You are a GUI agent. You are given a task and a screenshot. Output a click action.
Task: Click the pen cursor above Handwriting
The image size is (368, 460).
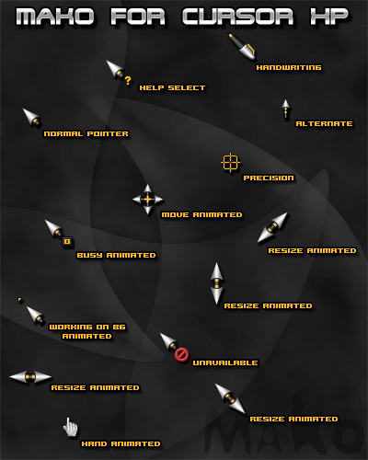click(x=242, y=46)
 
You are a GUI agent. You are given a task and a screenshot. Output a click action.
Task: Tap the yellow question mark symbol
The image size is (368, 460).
click(x=128, y=81)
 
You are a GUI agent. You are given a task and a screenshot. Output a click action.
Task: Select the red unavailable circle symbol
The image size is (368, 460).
click(x=181, y=355)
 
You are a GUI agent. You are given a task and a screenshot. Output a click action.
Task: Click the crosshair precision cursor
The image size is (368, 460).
click(x=230, y=163)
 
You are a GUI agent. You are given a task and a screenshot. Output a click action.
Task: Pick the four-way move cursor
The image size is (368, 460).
click(x=147, y=200)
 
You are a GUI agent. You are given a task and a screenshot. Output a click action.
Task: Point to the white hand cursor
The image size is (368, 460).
click(x=71, y=427)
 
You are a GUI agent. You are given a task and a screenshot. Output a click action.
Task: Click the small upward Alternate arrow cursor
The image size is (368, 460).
click(x=286, y=109)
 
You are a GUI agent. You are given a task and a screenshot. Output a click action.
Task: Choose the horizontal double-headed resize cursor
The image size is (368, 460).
click(x=30, y=377)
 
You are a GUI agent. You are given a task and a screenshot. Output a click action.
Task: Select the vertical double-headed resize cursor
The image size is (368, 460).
click(x=217, y=283)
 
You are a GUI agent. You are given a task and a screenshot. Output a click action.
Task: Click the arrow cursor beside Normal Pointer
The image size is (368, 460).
click(x=32, y=117)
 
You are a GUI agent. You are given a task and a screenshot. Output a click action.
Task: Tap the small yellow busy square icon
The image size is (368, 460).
click(x=67, y=242)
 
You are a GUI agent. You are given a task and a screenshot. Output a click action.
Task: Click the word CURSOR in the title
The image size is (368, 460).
click(x=237, y=17)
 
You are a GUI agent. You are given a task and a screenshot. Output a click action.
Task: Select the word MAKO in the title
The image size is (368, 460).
click(x=55, y=17)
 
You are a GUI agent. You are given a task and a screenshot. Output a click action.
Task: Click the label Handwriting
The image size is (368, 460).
click(x=289, y=67)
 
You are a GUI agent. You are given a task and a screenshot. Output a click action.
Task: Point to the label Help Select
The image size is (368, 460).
click(x=172, y=88)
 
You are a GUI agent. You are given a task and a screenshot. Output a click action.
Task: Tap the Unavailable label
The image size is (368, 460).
click(x=225, y=362)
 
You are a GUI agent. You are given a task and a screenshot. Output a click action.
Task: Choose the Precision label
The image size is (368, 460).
click(x=269, y=178)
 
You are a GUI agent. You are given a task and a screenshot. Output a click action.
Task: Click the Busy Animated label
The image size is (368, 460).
click(x=116, y=255)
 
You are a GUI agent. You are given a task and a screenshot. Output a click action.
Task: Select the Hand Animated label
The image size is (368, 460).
click(x=121, y=443)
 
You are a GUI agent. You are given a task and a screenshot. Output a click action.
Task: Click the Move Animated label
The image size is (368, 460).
click(x=201, y=214)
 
